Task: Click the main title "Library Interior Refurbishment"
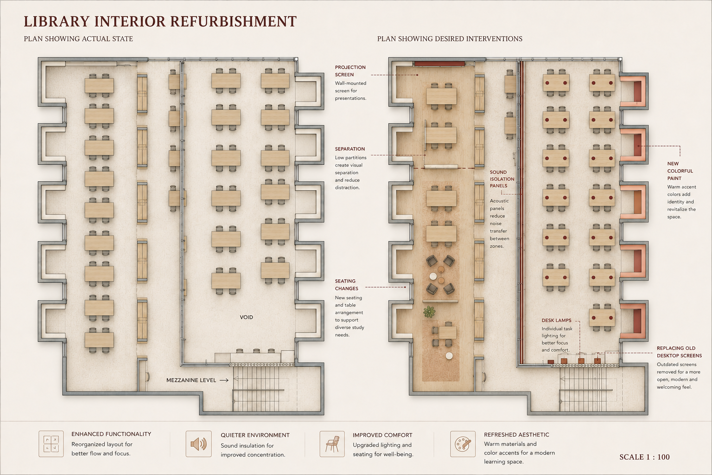(x=160, y=21)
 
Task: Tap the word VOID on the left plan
(x=246, y=317)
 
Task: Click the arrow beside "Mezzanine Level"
(x=224, y=380)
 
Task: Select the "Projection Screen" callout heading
(x=350, y=71)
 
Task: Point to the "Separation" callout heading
(x=350, y=149)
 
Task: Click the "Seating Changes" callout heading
(x=346, y=285)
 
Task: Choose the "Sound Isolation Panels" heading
(x=502, y=179)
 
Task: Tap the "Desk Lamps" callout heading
(x=557, y=321)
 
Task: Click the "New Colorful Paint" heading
(x=680, y=171)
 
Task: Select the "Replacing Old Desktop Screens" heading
(x=679, y=352)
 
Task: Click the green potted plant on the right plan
(x=429, y=311)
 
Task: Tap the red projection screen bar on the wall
(x=439, y=64)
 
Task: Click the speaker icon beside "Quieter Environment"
(x=199, y=444)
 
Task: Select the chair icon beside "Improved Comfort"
(x=332, y=444)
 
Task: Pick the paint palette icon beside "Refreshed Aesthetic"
(x=463, y=444)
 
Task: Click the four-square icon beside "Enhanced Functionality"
(x=51, y=444)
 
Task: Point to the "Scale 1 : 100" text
(x=645, y=457)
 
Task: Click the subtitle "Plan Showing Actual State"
(x=78, y=39)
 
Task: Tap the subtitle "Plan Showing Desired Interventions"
(x=450, y=39)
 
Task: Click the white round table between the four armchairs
(x=433, y=276)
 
